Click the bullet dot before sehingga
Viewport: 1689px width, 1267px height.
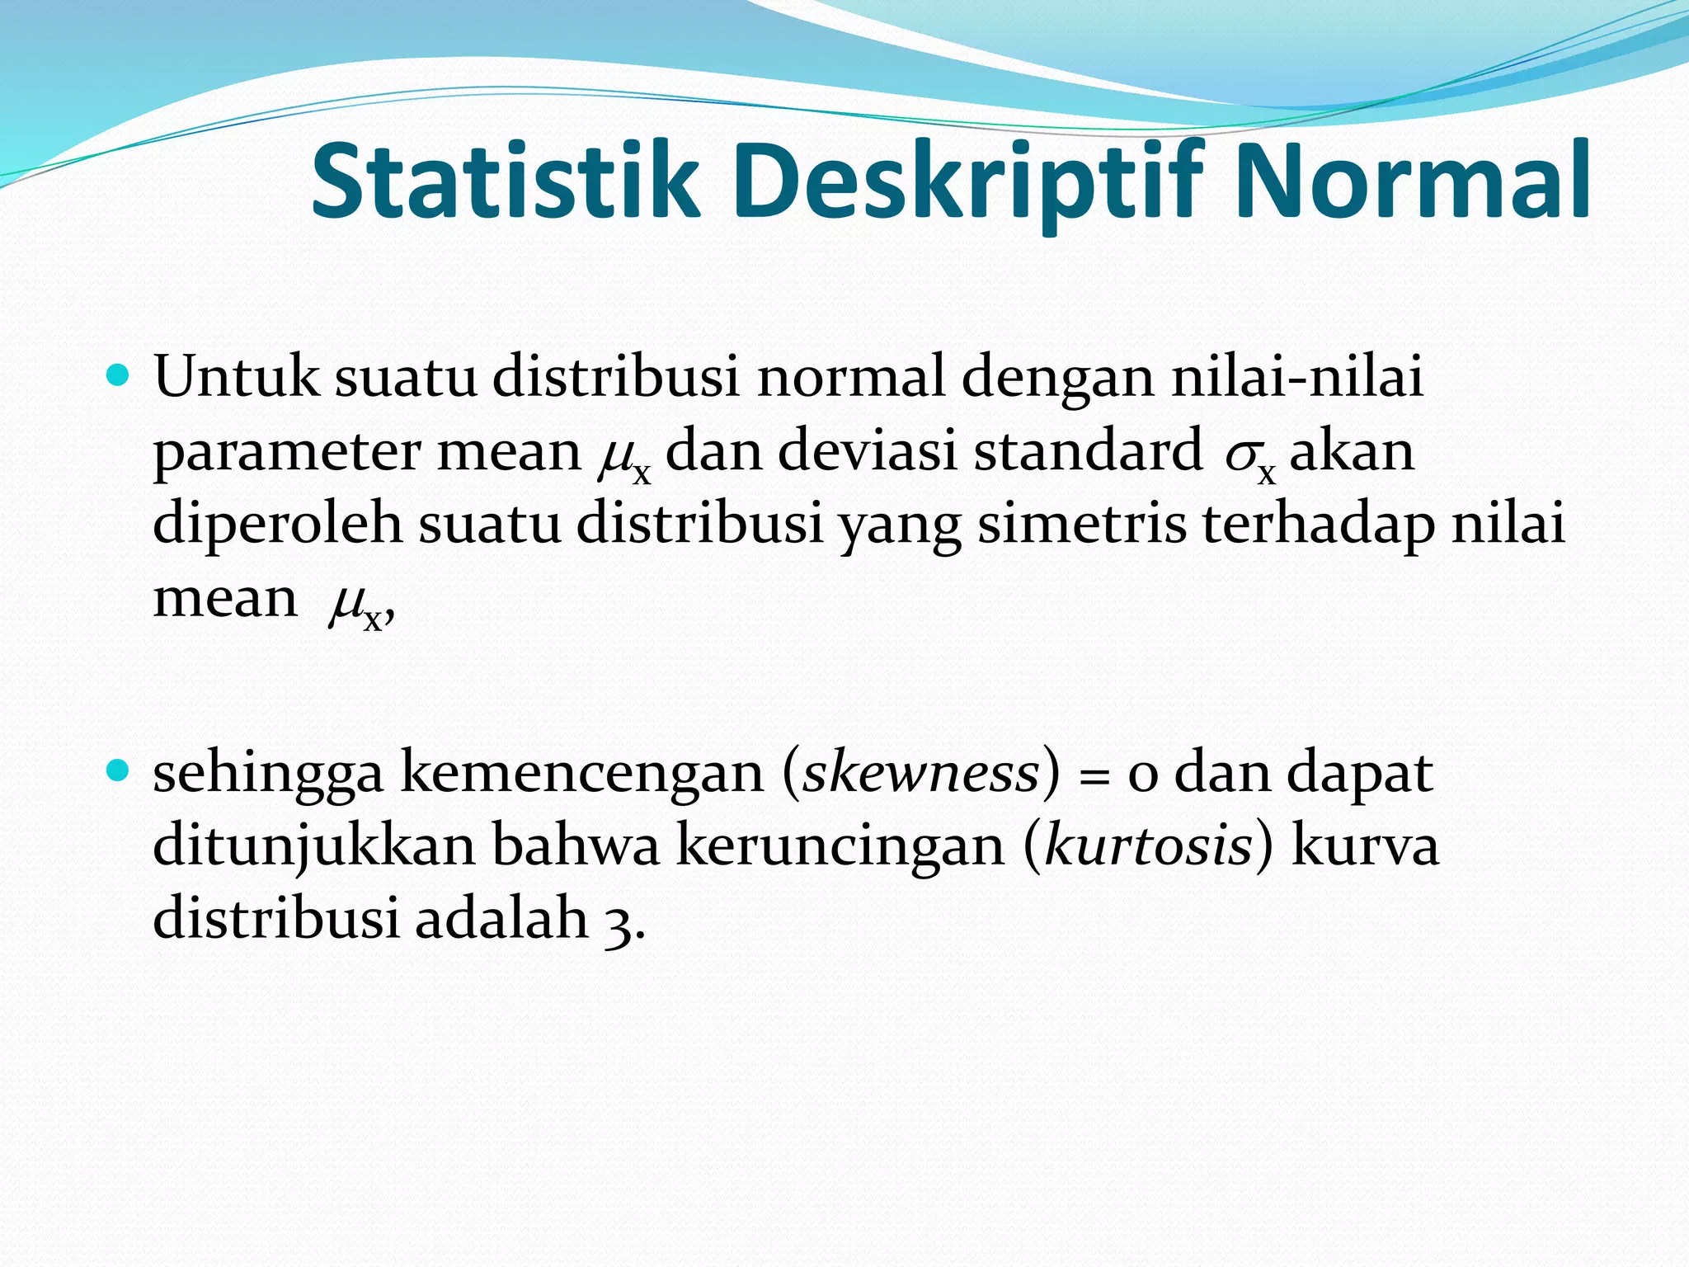pos(120,772)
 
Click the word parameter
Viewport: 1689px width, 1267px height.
pos(285,453)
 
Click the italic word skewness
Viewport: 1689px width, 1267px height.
pos(920,772)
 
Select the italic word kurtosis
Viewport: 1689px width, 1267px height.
pos(1148,845)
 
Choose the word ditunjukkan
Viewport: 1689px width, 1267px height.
pos(314,846)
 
